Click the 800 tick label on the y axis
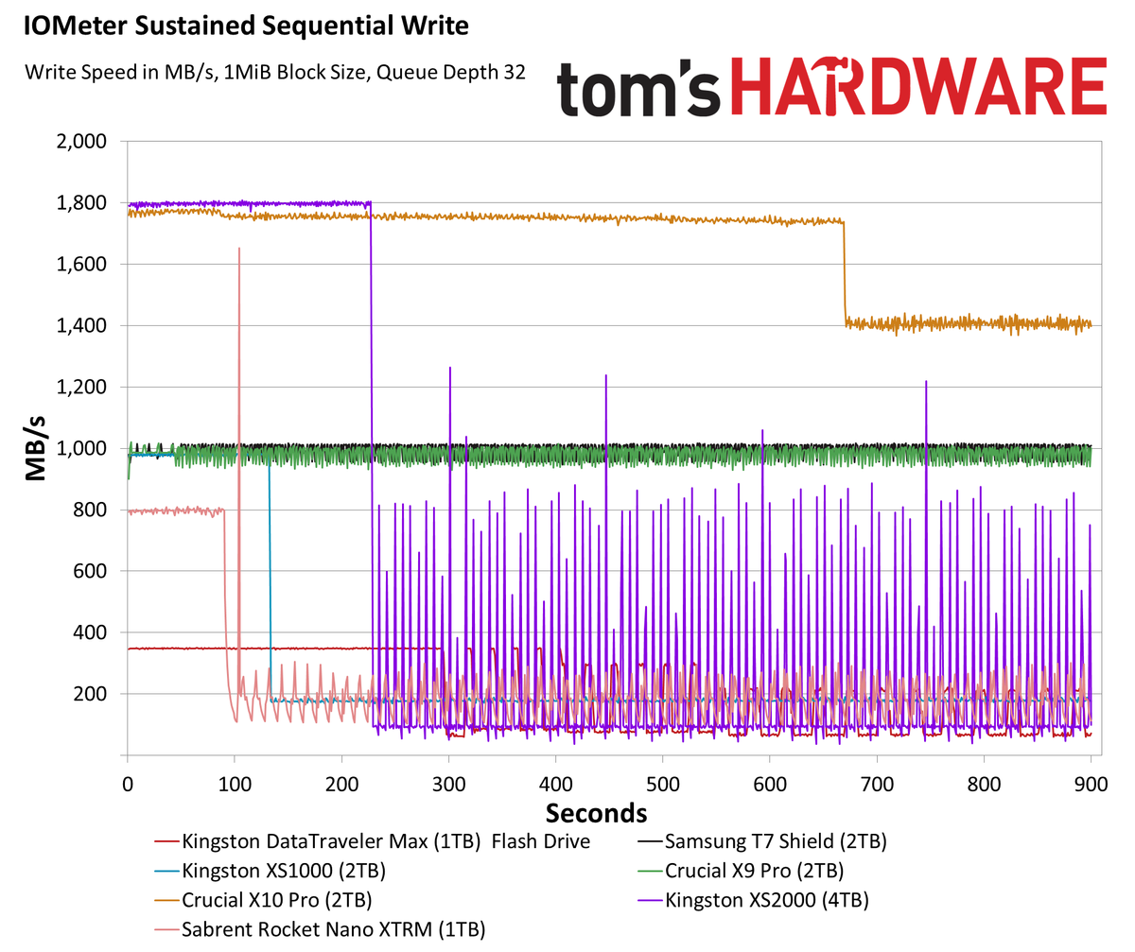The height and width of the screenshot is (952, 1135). (x=93, y=511)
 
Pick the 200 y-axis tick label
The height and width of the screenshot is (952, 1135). (x=93, y=694)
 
